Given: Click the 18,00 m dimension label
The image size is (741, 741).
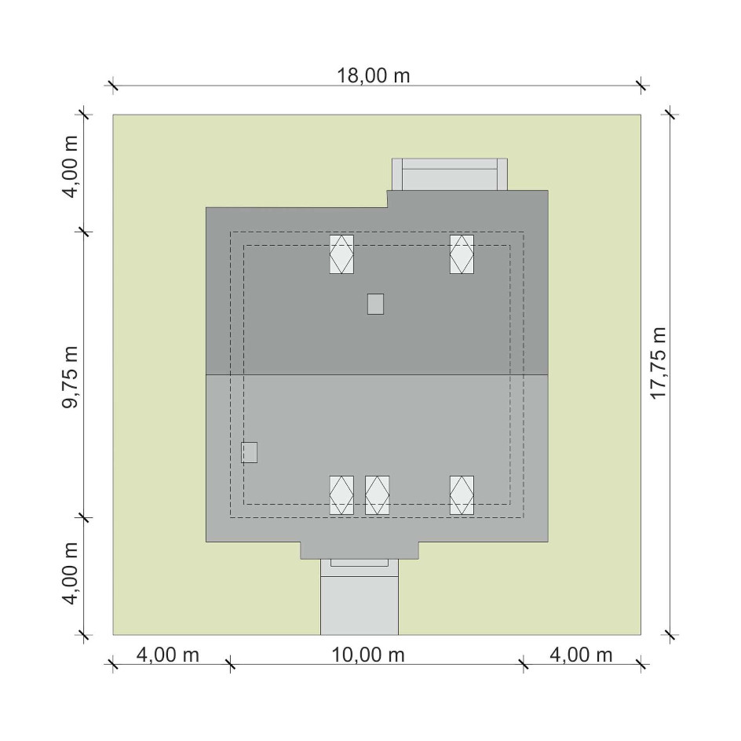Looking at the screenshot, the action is coord(373,75).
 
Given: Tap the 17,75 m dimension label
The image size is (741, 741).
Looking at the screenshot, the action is coord(659,363).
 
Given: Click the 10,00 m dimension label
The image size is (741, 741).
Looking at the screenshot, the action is coord(367,655).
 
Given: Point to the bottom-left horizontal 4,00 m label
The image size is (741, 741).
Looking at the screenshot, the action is coord(168,655).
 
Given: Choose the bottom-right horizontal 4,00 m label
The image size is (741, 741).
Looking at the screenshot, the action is coord(581,655).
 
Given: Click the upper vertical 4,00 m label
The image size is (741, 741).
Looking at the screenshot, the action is coord(71,167).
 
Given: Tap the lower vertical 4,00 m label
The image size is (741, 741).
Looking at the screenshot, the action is coord(71,573).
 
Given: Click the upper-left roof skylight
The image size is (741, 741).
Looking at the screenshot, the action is coord(341,254).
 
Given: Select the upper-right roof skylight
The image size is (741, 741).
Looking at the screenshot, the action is coord(462,254).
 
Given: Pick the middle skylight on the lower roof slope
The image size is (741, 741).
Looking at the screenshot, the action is coord(377,495).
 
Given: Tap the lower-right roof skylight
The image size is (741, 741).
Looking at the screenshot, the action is coord(462,495).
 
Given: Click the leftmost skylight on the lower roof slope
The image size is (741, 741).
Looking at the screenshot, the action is coord(341,495).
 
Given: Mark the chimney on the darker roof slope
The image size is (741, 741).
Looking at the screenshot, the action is coord(376,304).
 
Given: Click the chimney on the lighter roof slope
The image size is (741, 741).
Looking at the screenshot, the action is coord(250,452).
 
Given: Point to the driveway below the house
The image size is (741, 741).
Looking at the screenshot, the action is coord(360,605).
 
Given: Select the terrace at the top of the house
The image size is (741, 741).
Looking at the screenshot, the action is coord(450,174).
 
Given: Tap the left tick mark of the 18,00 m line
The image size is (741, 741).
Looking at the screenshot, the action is coord(113,86).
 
